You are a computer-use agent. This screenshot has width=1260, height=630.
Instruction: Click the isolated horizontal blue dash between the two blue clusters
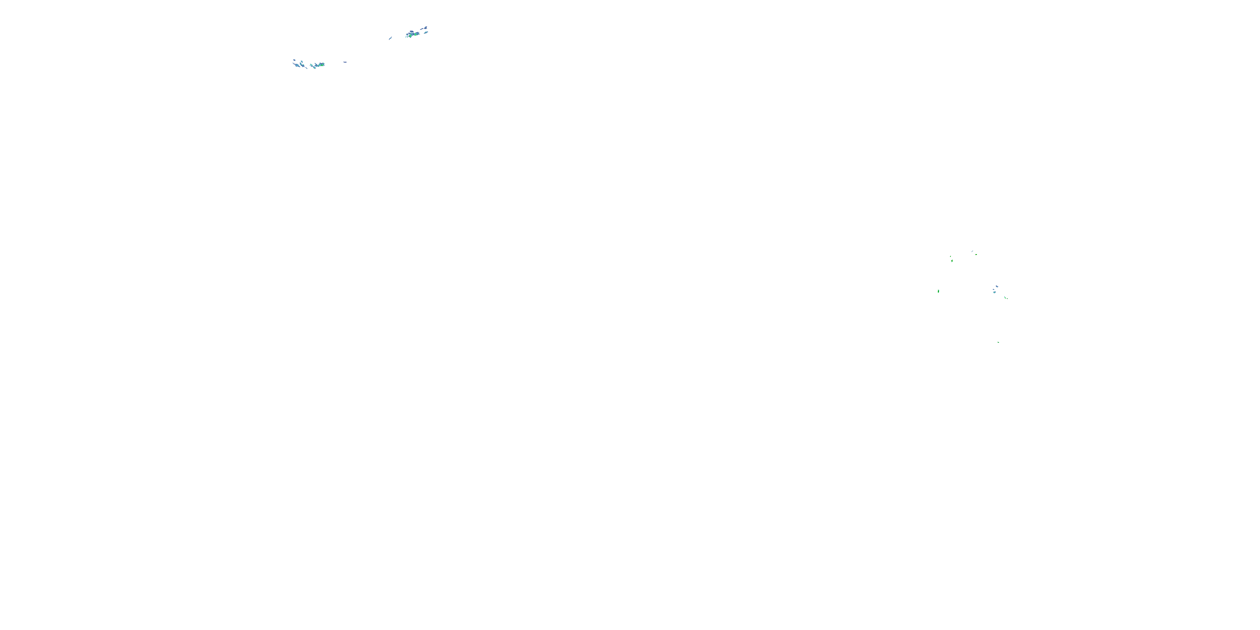pyautogui.click(x=345, y=62)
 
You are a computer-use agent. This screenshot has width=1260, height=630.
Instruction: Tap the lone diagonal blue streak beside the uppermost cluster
pyautogui.click(x=390, y=39)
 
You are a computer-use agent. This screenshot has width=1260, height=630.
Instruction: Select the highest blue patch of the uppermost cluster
pyautogui.click(x=426, y=28)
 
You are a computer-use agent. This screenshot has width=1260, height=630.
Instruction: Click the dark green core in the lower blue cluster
pyautogui.click(x=322, y=66)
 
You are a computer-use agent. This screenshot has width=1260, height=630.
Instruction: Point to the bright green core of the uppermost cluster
pyautogui.click(x=410, y=36)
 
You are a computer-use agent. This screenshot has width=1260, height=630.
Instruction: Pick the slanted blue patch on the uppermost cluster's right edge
pyautogui.click(x=426, y=33)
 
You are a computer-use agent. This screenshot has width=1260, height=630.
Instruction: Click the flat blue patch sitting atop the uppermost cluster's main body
pyautogui.click(x=412, y=32)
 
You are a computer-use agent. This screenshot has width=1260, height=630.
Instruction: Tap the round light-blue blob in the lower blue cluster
pyautogui.click(x=297, y=66)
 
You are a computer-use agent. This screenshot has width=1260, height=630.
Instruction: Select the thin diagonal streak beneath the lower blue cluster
pyautogui.click(x=307, y=68)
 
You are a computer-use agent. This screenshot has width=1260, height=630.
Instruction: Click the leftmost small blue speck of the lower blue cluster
pyautogui.click(x=294, y=60)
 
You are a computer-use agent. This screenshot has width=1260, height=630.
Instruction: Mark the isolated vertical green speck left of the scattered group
pyautogui.click(x=939, y=291)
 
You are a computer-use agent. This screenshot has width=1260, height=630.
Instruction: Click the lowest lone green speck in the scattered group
pyautogui.click(x=998, y=342)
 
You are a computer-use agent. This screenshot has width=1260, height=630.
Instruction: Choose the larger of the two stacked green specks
pyautogui.click(x=952, y=261)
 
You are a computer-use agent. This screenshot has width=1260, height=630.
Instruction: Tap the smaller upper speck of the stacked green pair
pyautogui.click(x=951, y=256)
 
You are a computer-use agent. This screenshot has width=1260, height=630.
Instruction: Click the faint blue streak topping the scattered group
pyautogui.click(x=972, y=252)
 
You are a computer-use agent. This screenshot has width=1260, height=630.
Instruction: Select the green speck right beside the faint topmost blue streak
pyautogui.click(x=976, y=255)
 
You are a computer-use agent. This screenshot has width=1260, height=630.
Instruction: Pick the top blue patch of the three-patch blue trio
pyautogui.click(x=997, y=286)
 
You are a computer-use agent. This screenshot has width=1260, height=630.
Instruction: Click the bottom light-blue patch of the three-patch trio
pyautogui.click(x=995, y=292)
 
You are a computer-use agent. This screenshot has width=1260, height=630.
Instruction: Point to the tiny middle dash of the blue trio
pyautogui.click(x=994, y=289)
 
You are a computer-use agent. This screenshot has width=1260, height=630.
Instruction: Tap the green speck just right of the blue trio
pyautogui.click(x=1005, y=298)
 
